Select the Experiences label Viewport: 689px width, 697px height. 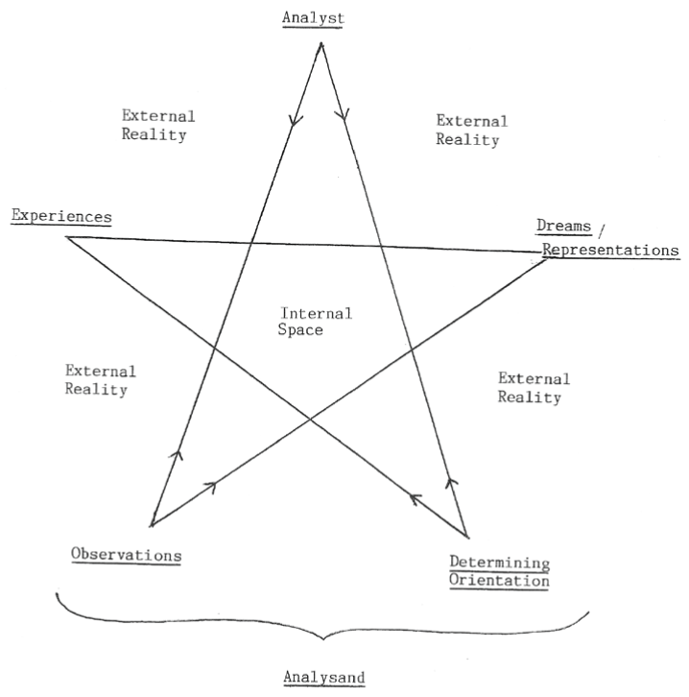point(60,215)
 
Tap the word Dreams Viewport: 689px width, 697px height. point(562,227)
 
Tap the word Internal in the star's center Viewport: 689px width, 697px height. point(316,313)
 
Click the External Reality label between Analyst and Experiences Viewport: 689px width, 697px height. point(158,126)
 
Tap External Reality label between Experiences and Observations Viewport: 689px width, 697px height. point(100,380)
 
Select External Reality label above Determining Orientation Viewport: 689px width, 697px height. point(535,388)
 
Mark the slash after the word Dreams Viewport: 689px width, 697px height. point(603,228)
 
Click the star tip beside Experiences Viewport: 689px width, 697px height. point(67,236)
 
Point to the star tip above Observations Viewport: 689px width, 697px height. point(152,525)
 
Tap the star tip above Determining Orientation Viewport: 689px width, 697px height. point(465,536)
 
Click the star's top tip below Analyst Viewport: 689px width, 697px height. point(321,43)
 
